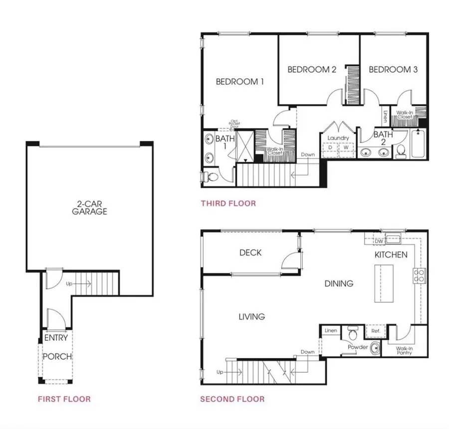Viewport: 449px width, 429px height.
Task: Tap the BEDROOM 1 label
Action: click(239, 82)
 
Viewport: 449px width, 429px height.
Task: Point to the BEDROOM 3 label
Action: click(393, 70)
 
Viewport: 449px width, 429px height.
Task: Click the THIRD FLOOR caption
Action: click(228, 203)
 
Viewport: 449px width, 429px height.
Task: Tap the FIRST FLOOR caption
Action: click(64, 399)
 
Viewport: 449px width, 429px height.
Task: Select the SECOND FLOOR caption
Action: click(232, 399)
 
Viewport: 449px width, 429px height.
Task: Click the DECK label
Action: click(250, 253)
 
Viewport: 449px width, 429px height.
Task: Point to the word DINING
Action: click(339, 284)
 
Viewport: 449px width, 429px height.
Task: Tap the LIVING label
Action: click(251, 316)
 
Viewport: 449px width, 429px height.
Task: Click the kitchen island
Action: click(384, 283)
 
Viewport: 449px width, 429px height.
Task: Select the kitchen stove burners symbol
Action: click(418, 275)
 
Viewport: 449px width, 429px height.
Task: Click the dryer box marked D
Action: click(330, 148)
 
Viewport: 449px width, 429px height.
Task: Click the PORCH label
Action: click(57, 357)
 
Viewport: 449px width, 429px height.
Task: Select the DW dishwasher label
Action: click(378, 241)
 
